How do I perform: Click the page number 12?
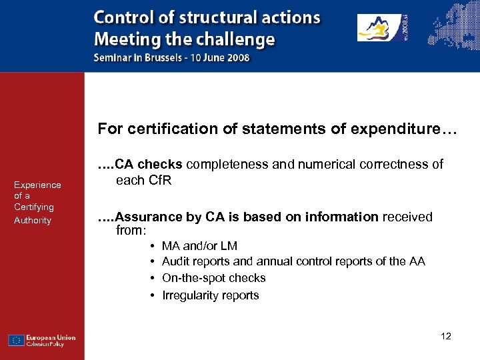446,336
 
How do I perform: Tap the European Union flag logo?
17,340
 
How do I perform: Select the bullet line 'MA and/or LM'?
199,246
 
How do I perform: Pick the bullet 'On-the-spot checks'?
213,278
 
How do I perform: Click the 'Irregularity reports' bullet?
210,295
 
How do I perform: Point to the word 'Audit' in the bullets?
176,261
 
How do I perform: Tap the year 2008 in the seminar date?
236,57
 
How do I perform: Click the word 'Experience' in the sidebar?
37,185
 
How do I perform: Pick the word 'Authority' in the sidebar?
33,220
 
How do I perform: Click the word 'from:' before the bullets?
131,231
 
